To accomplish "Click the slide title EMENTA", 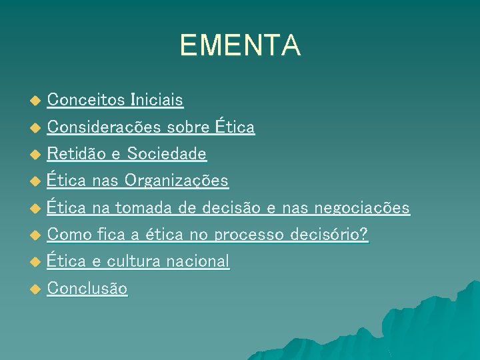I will tap(240, 45).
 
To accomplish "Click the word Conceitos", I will tap(86, 101).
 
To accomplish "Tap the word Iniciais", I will tap(157, 101).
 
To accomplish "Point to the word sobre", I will tap(188, 127).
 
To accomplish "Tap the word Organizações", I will tap(177, 181).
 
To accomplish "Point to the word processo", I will tap(252, 235).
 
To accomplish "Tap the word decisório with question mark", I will tap(329, 235).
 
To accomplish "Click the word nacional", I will tap(197, 261).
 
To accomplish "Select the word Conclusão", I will tap(87, 289).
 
